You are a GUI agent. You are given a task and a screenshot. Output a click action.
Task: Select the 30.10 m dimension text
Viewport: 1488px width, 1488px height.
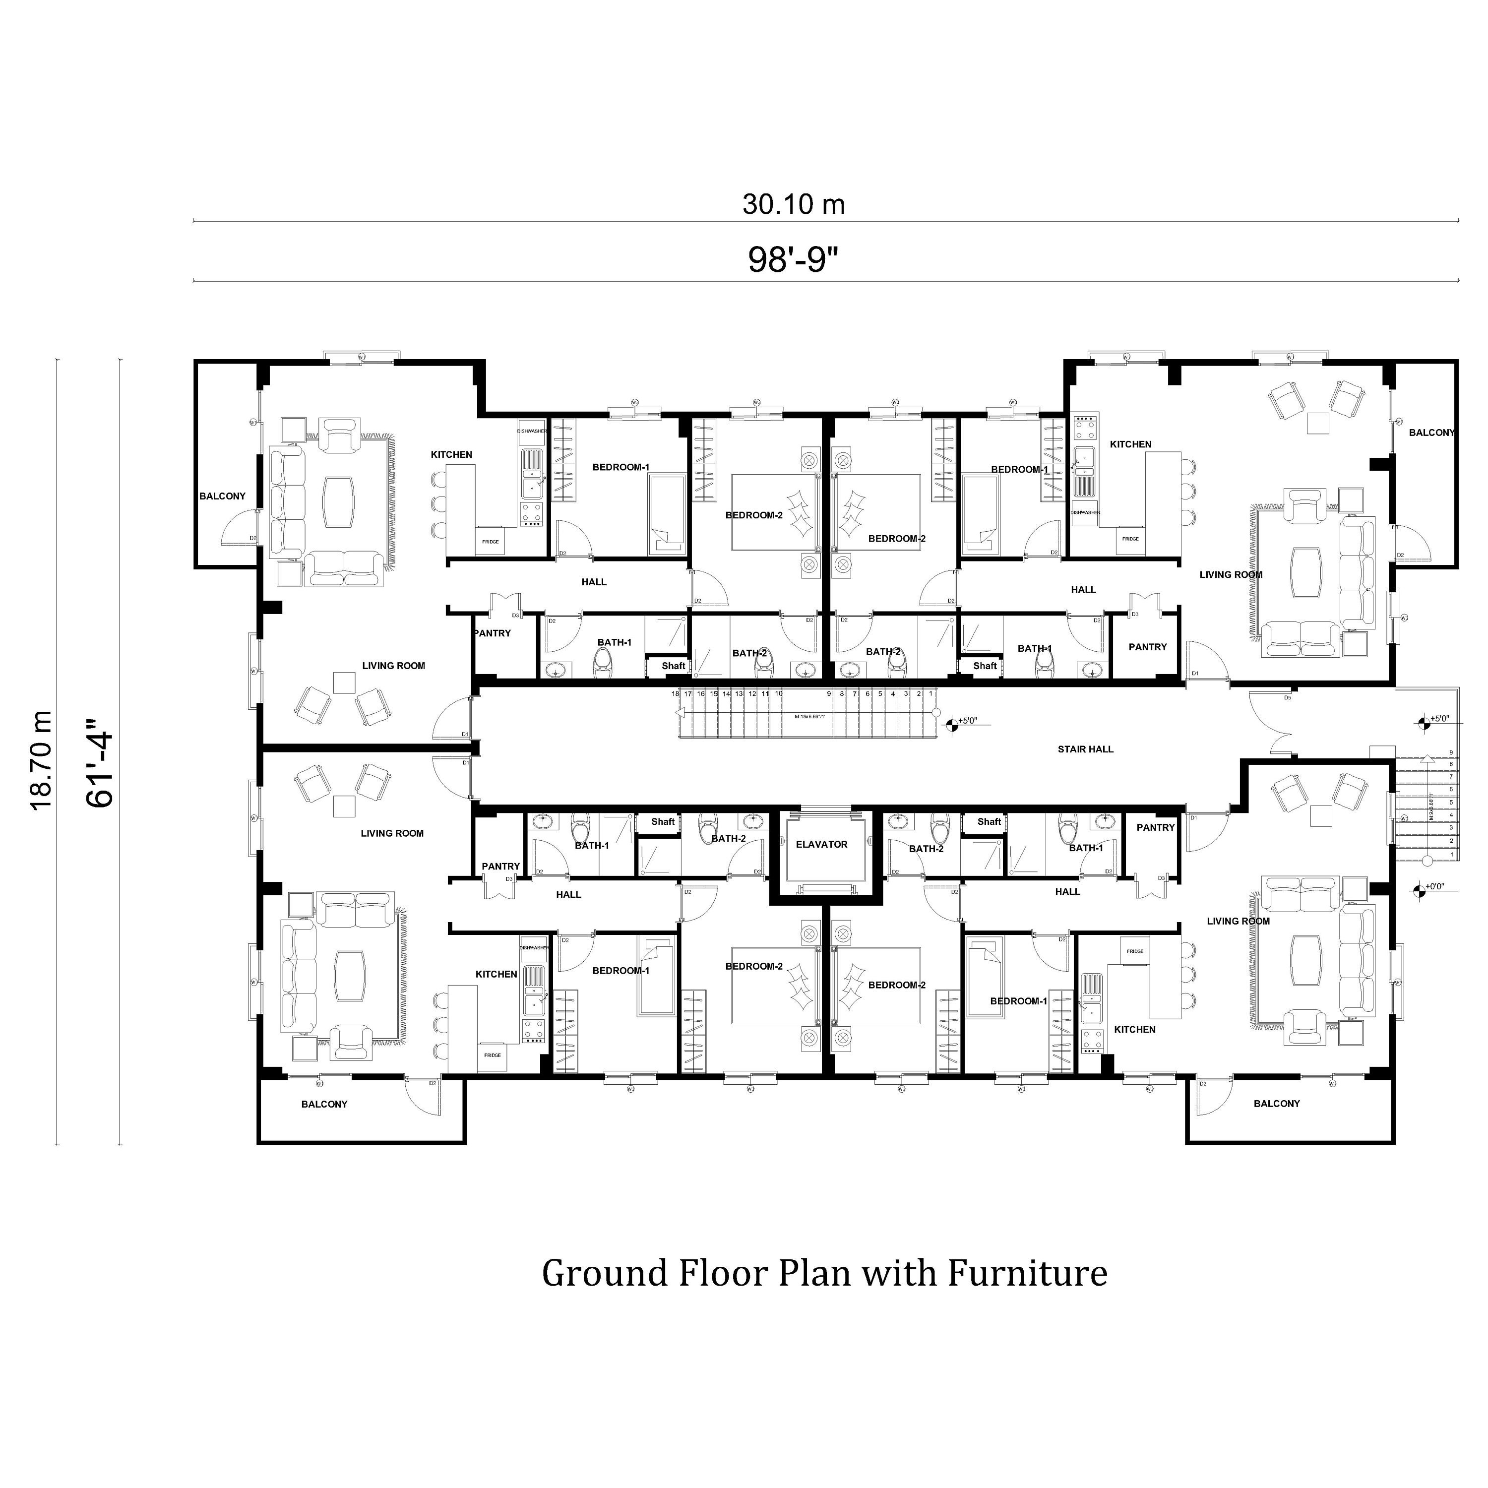(793, 204)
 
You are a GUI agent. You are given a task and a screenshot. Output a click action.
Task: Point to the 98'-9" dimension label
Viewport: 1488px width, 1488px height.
(793, 259)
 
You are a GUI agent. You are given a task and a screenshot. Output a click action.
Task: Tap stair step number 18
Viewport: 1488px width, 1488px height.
(676, 694)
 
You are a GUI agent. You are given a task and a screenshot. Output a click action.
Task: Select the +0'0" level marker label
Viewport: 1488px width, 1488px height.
(1435, 886)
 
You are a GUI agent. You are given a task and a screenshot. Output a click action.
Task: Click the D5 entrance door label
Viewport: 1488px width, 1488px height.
(1287, 698)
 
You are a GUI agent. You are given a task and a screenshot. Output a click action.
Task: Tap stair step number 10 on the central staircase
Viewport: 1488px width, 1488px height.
(779, 694)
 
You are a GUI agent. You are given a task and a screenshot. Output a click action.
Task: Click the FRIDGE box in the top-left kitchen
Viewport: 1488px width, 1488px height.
(491, 542)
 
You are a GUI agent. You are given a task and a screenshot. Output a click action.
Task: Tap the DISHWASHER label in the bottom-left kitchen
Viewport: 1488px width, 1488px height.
(534, 947)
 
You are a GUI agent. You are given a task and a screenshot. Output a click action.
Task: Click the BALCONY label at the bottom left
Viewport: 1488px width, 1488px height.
(324, 1105)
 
